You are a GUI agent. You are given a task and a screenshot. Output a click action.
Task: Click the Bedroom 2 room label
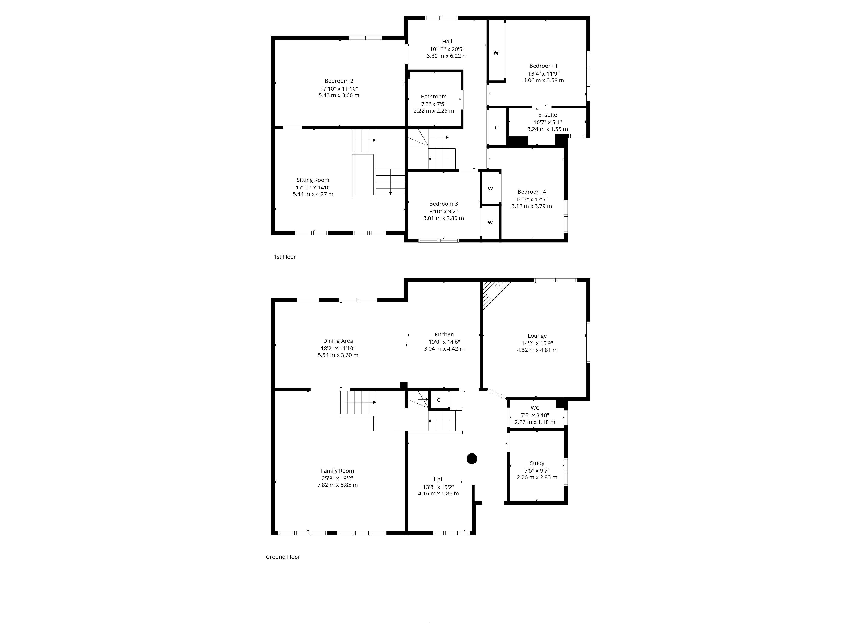[x=339, y=81]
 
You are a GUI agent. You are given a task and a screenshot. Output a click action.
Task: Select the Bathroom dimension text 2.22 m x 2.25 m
[x=434, y=111]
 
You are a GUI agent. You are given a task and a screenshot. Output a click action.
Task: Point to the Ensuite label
[x=548, y=115]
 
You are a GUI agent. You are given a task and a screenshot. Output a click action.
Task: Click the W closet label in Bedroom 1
[x=496, y=53]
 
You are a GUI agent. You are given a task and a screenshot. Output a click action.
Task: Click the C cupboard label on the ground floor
[x=438, y=400]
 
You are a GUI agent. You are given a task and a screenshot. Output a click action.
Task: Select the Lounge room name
[x=537, y=336]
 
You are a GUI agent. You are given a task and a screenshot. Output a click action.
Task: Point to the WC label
[x=535, y=408]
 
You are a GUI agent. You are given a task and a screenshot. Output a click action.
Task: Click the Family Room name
[x=337, y=471]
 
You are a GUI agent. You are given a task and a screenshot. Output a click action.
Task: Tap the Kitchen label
[x=444, y=334]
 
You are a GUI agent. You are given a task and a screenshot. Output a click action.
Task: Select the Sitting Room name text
[x=313, y=180]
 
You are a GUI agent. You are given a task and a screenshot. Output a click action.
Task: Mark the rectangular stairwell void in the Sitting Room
[x=364, y=175]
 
